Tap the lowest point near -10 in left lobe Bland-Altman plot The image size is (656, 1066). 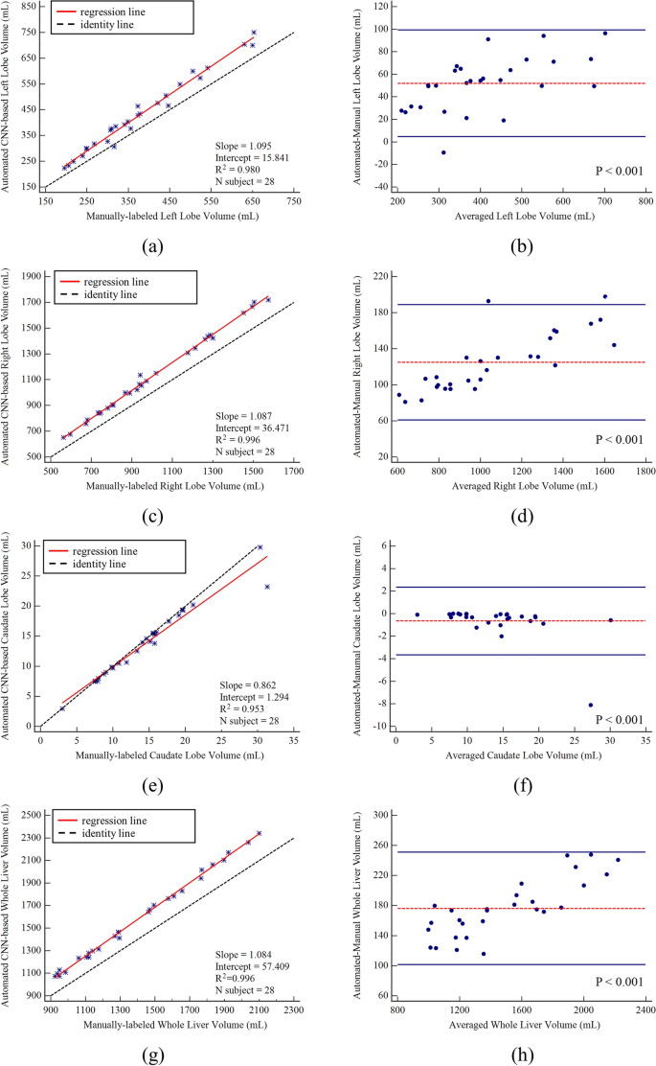click(443, 152)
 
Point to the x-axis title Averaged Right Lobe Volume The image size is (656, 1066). click(520, 487)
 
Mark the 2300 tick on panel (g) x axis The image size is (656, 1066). click(293, 1009)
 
